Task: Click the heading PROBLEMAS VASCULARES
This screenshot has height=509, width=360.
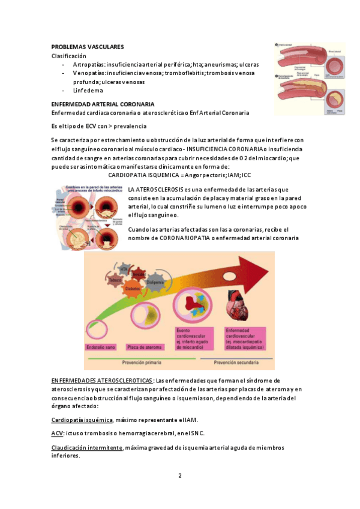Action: point(87,46)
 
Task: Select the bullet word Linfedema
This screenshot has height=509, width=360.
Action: point(88,91)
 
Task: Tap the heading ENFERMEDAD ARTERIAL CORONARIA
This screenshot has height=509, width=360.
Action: point(103,104)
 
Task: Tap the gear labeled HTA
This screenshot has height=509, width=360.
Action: point(124,268)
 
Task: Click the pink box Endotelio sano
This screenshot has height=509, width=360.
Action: point(103,346)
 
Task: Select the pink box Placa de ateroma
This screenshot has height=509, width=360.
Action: point(146,346)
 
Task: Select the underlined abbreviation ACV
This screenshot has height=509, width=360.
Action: point(58,433)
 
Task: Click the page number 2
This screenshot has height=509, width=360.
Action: point(179,476)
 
